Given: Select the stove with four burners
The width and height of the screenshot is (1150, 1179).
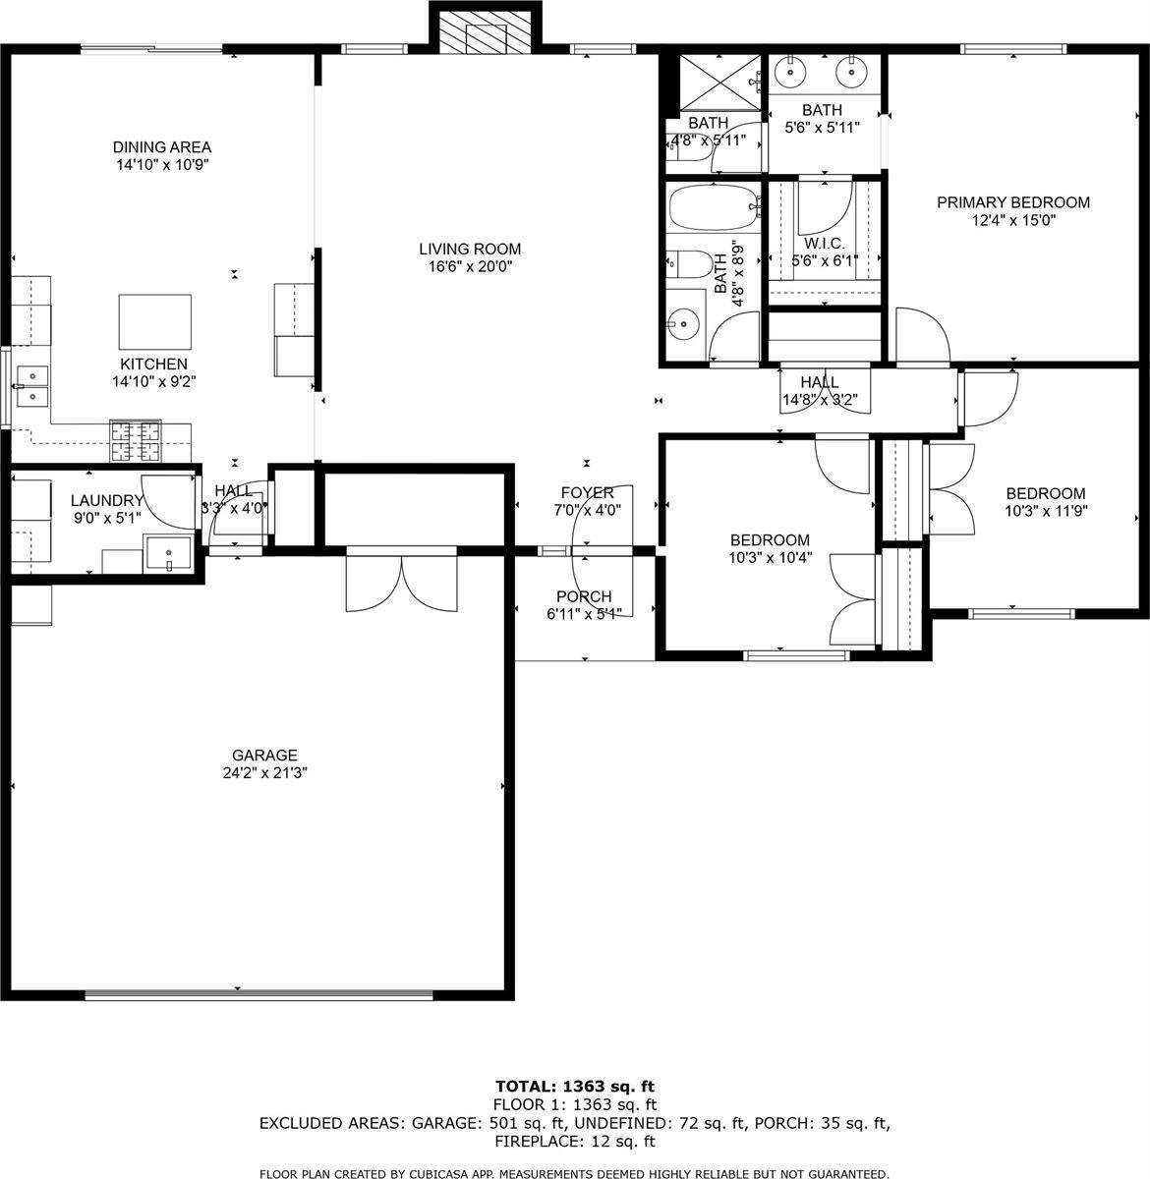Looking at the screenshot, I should (x=135, y=440).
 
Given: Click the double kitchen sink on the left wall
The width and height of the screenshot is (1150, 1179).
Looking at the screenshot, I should (x=31, y=386).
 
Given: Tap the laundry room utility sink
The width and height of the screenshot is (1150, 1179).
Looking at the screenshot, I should (x=170, y=552).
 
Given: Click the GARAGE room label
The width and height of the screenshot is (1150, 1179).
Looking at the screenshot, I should (x=264, y=755).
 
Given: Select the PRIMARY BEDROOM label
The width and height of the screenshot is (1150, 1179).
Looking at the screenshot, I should (x=1012, y=202).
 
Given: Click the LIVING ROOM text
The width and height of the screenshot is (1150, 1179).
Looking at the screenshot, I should (x=470, y=249).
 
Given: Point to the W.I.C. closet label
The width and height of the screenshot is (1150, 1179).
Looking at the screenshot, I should (x=824, y=243).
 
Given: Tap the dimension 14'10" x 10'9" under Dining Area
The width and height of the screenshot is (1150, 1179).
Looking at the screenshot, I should (x=162, y=166).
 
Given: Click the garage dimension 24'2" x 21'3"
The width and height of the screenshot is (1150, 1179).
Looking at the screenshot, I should (x=264, y=772).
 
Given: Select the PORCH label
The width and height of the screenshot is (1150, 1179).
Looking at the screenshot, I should (x=584, y=596).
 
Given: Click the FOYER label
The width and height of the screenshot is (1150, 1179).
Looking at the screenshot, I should (x=587, y=492).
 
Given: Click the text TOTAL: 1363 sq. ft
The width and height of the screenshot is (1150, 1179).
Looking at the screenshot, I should (x=575, y=1086).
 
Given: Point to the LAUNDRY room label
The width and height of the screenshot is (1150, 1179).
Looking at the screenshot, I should (x=106, y=500).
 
